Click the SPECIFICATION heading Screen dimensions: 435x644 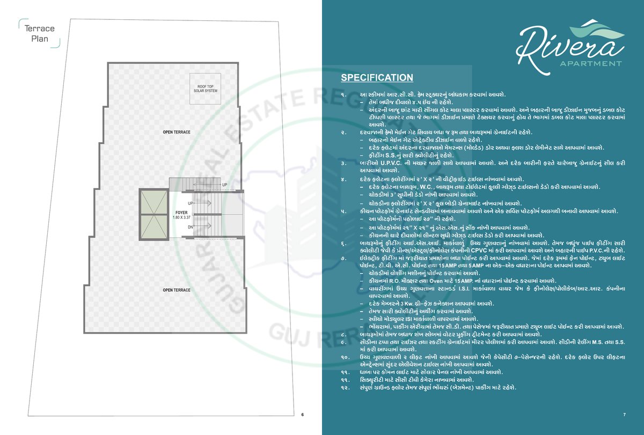pos(377,78)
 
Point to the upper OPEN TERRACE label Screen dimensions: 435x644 pos(177,131)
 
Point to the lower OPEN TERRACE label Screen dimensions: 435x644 pos(177,290)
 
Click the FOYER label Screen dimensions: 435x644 pos(181,212)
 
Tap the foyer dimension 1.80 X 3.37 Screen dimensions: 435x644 pos(181,218)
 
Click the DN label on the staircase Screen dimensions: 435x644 pos(190,227)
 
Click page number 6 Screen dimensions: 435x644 pos(302,415)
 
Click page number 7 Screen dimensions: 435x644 pos(625,415)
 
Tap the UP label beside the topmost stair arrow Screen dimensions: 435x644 pos(224,185)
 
